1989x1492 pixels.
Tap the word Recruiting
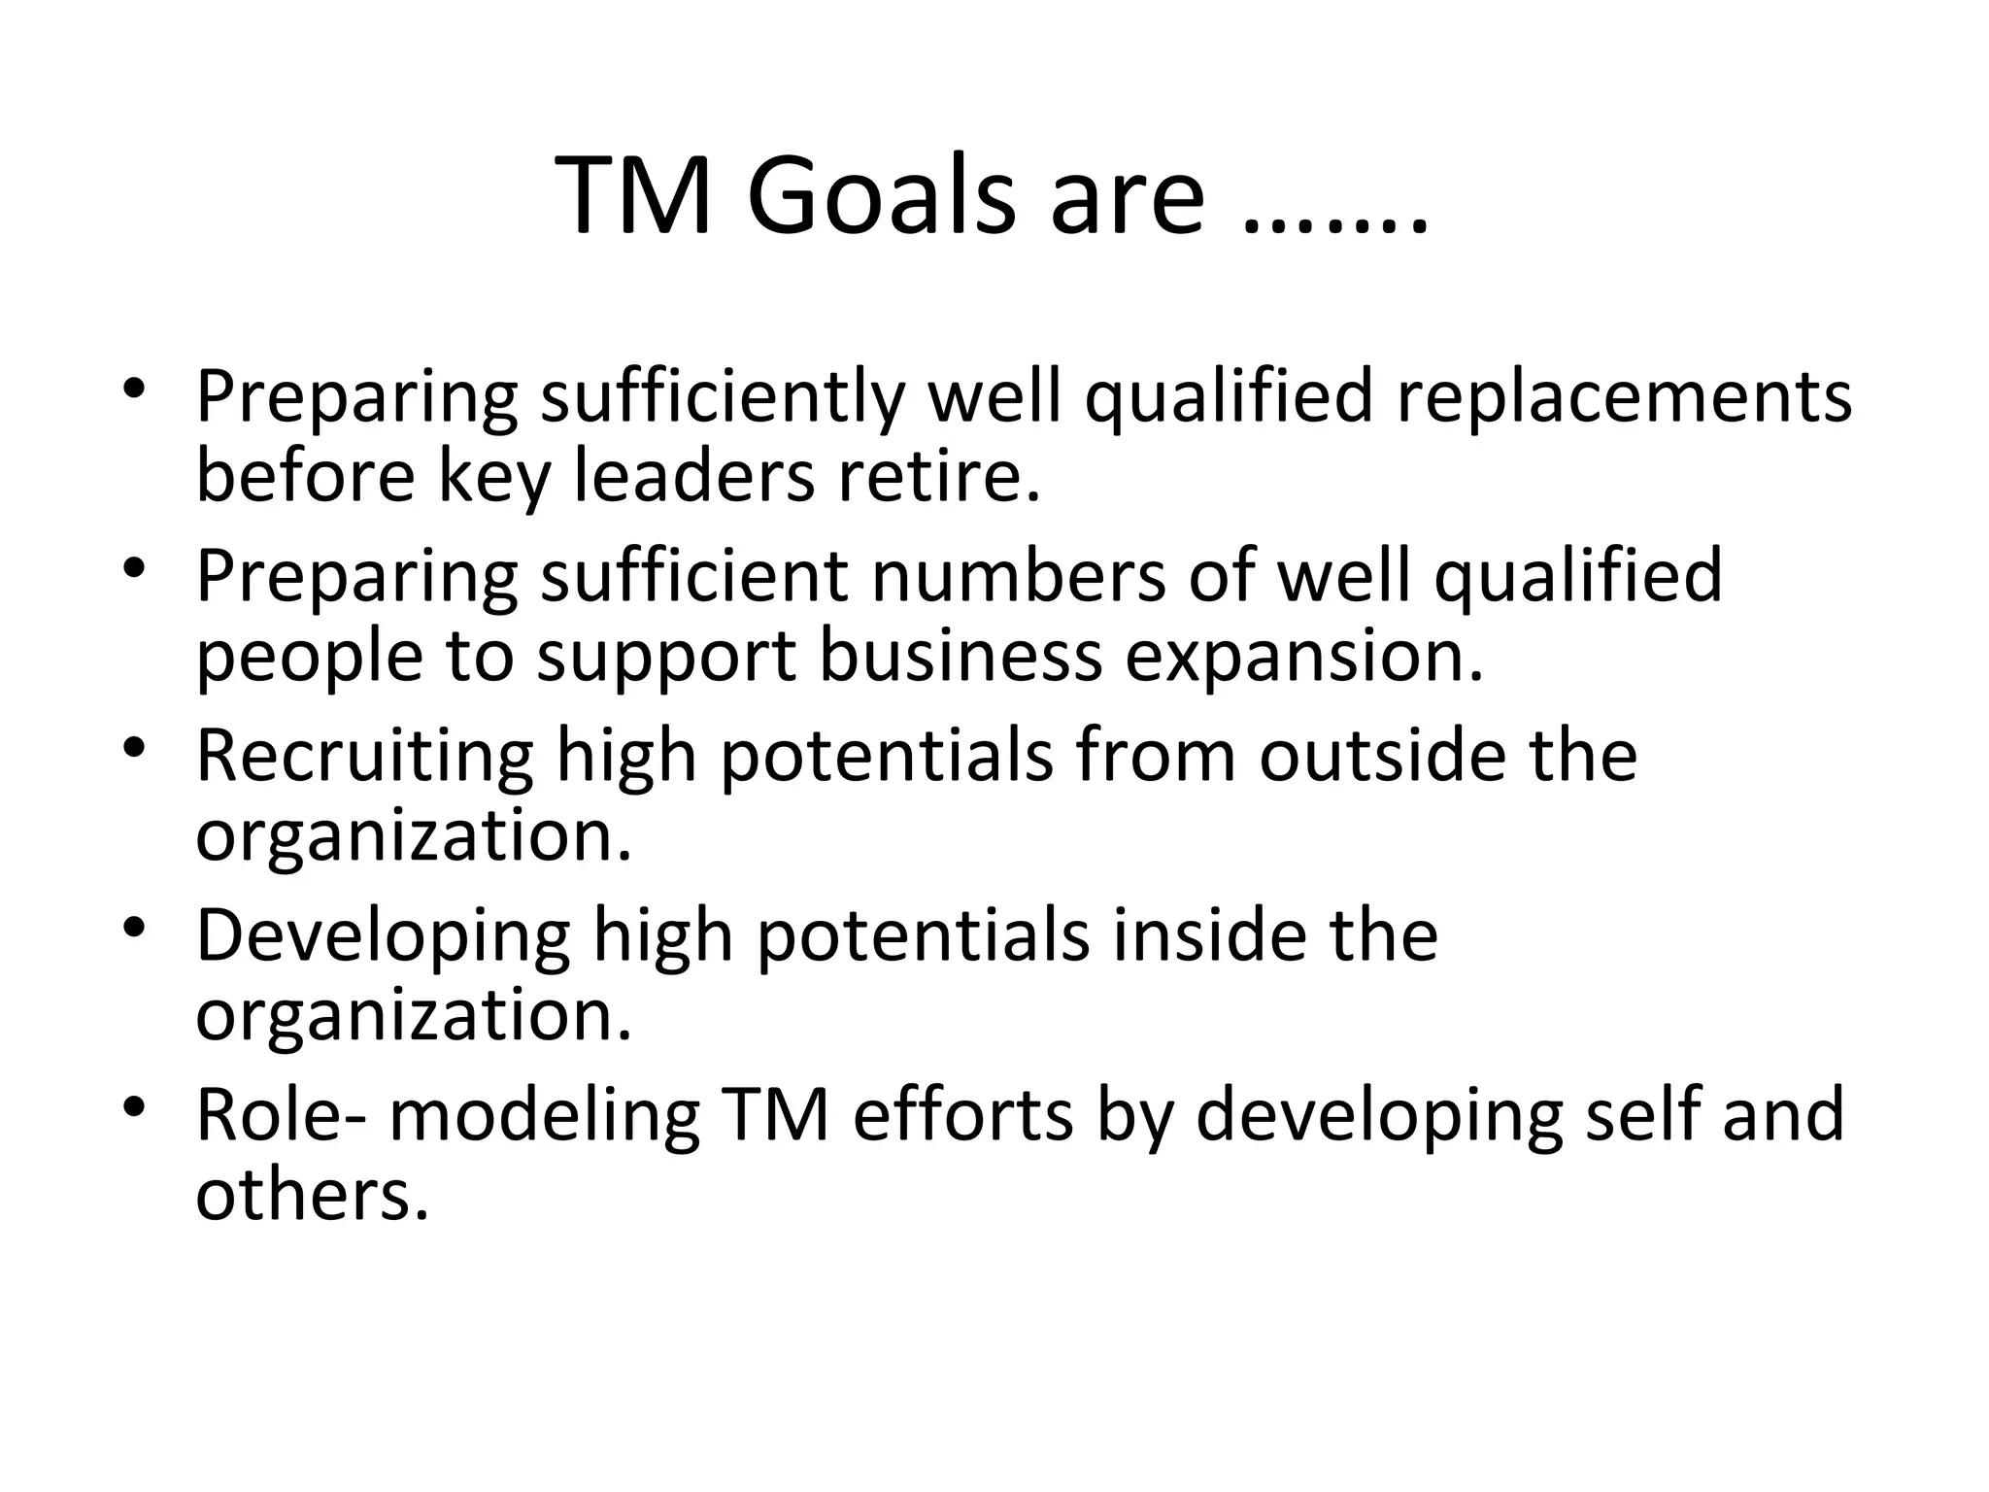[x=364, y=758]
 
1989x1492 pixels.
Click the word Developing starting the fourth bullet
[x=383, y=938]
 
